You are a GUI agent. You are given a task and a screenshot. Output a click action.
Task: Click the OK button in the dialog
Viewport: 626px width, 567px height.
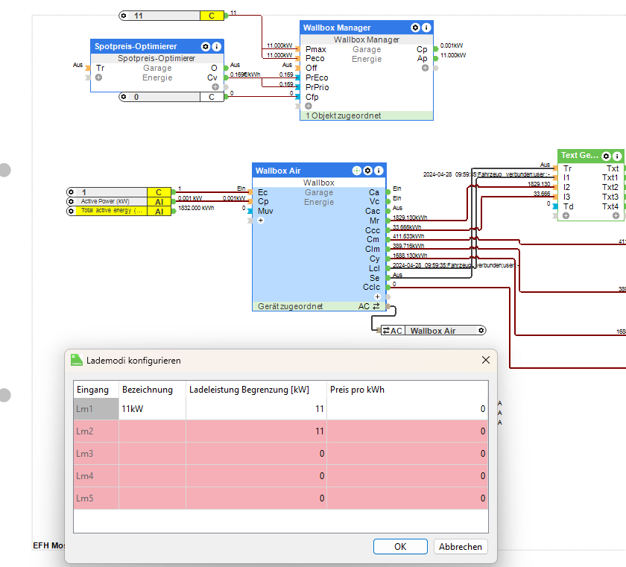(x=400, y=546)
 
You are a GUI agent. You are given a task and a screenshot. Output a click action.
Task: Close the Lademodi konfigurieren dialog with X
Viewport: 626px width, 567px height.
(x=486, y=360)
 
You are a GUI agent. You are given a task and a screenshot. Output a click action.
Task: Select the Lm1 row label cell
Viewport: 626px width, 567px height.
(x=95, y=408)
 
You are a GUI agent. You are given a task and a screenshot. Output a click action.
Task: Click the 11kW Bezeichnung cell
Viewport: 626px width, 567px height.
(x=152, y=408)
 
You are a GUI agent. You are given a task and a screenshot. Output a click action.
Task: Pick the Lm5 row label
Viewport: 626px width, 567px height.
(x=95, y=498)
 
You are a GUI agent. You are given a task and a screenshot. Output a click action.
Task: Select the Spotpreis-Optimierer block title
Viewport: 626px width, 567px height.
(x=136, y=46)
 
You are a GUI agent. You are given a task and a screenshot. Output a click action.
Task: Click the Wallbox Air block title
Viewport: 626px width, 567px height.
(x=279, y=171)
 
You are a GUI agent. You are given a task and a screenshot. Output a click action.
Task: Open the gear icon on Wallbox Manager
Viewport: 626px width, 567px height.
(x=414, y=28)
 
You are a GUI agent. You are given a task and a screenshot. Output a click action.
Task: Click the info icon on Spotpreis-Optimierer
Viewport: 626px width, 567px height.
(x=216, y=46)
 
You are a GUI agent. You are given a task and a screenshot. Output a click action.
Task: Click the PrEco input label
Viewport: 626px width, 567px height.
(x=317, y=77)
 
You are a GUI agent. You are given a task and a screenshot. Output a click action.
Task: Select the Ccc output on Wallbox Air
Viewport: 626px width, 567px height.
(x=372, y=230)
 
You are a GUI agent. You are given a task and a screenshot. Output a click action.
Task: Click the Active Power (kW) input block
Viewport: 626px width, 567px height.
(x=106, y=201)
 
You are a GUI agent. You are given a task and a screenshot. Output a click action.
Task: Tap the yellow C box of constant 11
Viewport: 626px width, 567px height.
(x=212, y=16)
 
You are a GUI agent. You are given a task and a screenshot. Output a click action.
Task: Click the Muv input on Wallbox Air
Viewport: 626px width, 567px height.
(x=266, y=211)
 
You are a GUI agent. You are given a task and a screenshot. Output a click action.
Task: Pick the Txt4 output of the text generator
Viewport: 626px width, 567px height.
(x=610, y=206)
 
